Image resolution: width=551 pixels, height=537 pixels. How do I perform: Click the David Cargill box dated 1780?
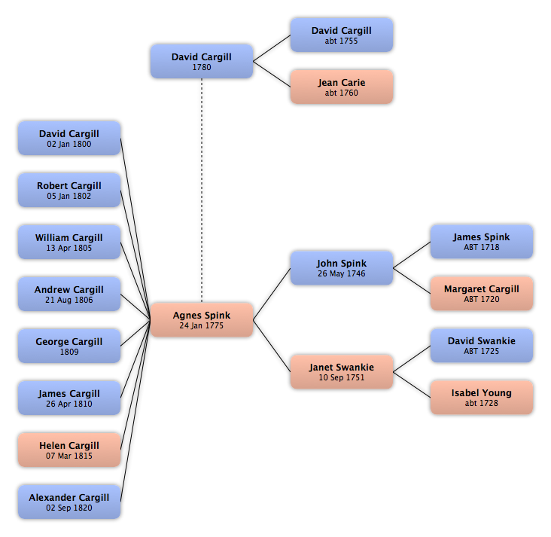tap(202, 61)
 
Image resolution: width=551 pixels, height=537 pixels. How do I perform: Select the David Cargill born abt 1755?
tap(342, 35)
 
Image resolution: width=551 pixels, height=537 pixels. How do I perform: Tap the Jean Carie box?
tap(342, 87)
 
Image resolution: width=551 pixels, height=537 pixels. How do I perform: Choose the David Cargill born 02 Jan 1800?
tap(69, 139)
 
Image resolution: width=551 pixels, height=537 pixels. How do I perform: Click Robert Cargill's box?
tap(69, 191)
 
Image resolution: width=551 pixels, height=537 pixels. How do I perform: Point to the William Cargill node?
tap(69, 243)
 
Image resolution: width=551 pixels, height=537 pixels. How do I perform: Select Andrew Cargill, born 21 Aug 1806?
tap(69, 294)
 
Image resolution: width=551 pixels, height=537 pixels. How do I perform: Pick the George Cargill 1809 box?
tap(69, 346)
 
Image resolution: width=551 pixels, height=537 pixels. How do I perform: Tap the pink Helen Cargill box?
tap(69, 450)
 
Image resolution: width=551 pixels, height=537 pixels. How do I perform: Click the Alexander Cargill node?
tap(69, 502)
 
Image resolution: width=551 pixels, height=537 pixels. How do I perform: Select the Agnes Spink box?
tap(202, 319)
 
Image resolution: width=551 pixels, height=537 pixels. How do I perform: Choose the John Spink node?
tap(342, 268)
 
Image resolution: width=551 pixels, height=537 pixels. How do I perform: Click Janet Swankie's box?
tap(342, 372)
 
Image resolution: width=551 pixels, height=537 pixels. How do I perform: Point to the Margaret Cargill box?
tap(482, 294)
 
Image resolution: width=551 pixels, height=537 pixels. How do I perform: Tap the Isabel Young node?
tap(482, 398)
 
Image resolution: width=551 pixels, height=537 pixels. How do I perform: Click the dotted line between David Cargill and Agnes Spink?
tap(202, 191)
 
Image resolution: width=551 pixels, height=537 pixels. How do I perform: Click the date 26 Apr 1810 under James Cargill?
tap(69, 404)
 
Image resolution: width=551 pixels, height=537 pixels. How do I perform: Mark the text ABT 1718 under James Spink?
tap(482, 247)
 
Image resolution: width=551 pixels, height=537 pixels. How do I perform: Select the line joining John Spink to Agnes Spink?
tap(272, 294)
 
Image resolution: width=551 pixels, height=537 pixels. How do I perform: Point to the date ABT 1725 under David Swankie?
tap(482, 351)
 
